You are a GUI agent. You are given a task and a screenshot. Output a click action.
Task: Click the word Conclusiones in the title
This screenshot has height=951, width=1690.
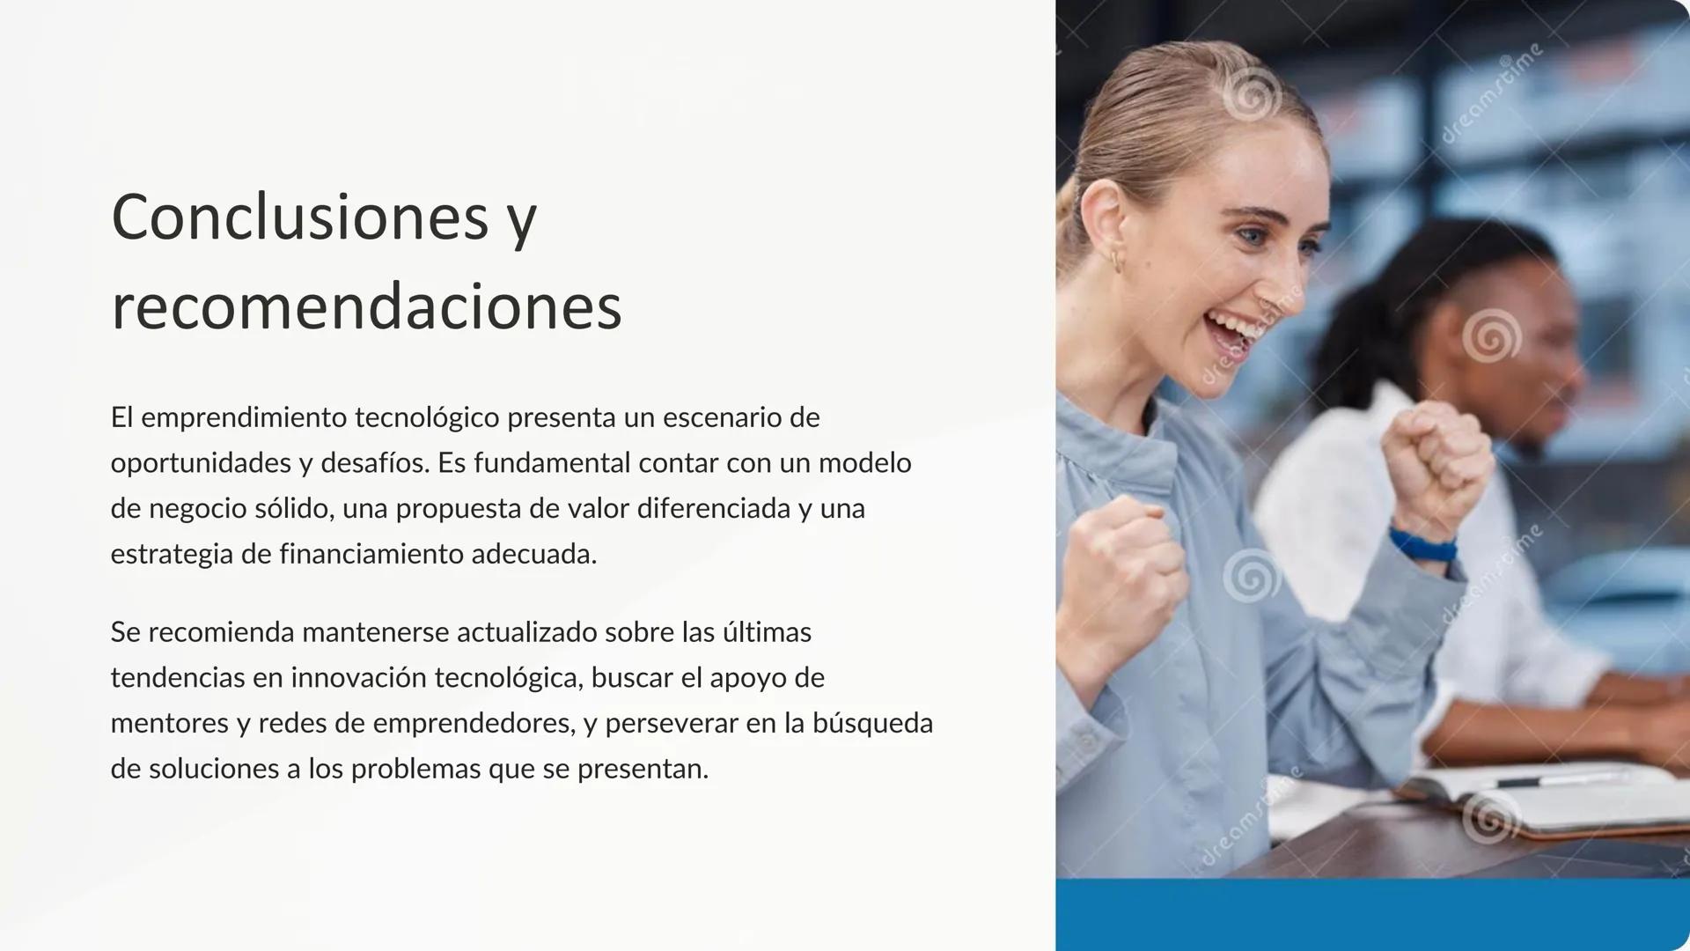tap(299, 217)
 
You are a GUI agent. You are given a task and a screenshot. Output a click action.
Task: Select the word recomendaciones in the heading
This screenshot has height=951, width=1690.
tap(366, 307)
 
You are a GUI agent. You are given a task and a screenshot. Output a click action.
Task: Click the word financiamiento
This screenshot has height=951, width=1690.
tap(371, 555)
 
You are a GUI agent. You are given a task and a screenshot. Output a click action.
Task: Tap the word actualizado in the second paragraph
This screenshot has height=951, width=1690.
tap(526, 632)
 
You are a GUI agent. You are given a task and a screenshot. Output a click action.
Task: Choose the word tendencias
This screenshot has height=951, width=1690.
tap(177, 678)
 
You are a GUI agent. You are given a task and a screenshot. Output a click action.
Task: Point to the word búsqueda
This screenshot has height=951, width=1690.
tap(872, 724)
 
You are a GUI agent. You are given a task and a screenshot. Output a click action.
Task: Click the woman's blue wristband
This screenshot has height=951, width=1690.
tap(1422, 543)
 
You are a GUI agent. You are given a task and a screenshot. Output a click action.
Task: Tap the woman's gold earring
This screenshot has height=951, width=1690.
tap(1115, 261)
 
